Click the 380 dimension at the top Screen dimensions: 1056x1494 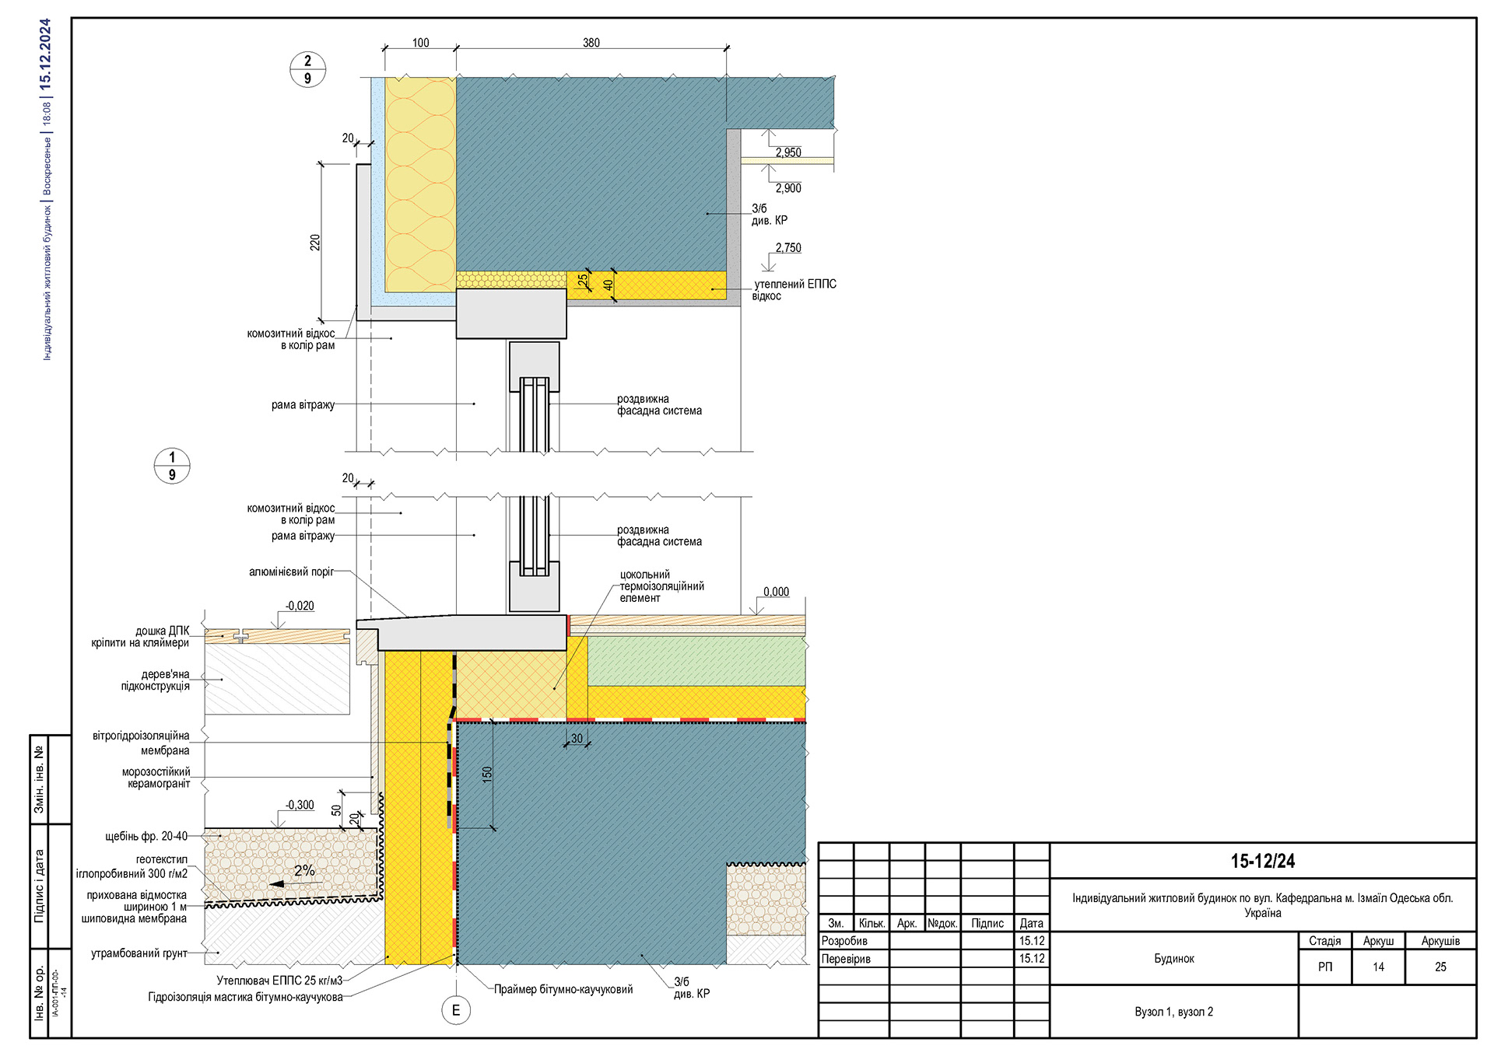591,43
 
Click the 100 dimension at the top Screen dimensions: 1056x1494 420,43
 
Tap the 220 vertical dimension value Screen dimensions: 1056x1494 315,242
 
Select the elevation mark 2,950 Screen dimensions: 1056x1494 788,152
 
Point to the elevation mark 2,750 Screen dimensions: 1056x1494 788,248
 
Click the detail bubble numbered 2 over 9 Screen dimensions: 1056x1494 307,69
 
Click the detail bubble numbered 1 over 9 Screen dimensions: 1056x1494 172,466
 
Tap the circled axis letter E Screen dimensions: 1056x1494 456,1010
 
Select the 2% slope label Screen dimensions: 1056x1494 304,871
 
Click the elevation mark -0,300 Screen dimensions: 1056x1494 300,805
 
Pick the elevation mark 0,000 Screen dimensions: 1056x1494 776,592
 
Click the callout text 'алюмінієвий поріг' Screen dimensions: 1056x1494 291,572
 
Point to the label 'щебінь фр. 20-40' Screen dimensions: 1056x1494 146,836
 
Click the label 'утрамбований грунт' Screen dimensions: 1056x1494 139,953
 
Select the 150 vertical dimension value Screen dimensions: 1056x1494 487,774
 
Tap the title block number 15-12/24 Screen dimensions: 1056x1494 1262,861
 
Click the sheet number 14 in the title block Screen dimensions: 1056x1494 1378,967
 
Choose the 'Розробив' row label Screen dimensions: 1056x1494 844,941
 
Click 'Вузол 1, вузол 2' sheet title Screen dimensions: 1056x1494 1173,1012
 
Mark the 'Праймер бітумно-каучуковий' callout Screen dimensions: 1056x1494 563,989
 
